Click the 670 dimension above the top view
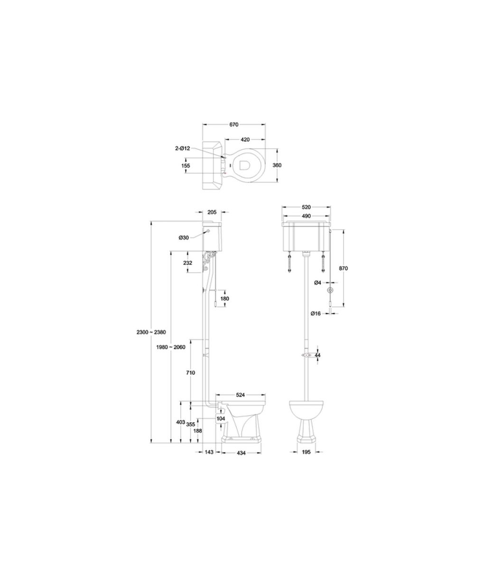point(233,125)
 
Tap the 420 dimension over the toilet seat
point(245,139)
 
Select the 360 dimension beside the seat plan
point(277,165)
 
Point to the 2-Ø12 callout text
point(182,149)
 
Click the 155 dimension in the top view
point(186,165)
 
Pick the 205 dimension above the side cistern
point(212,212)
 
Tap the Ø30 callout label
point(184,237)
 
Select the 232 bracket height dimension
point(187,262)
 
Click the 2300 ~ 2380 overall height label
point(151,332)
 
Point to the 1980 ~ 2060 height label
point(170,347)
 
